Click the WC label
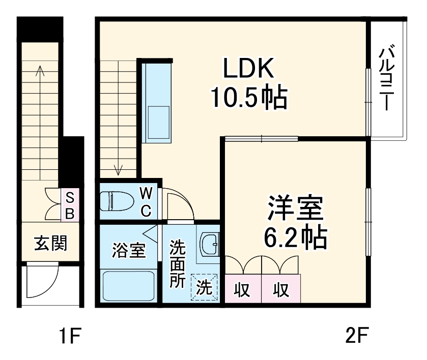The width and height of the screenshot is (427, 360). (x=146, y=202)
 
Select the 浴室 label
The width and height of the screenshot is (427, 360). (x=128, y=250)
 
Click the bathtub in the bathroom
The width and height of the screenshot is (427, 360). (x=129, y=285)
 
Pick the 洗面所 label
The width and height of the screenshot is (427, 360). (x=178, y=264)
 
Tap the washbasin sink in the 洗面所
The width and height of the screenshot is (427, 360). (x=208, y=246)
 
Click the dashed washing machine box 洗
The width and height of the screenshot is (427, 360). (x=204, y=288)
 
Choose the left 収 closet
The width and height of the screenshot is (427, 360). (x=242, y=290)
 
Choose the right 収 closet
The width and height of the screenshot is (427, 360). (x=280, y=290)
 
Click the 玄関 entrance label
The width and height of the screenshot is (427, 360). (x=50, y=244)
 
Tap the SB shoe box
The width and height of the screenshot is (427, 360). (x=70, y=205)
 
